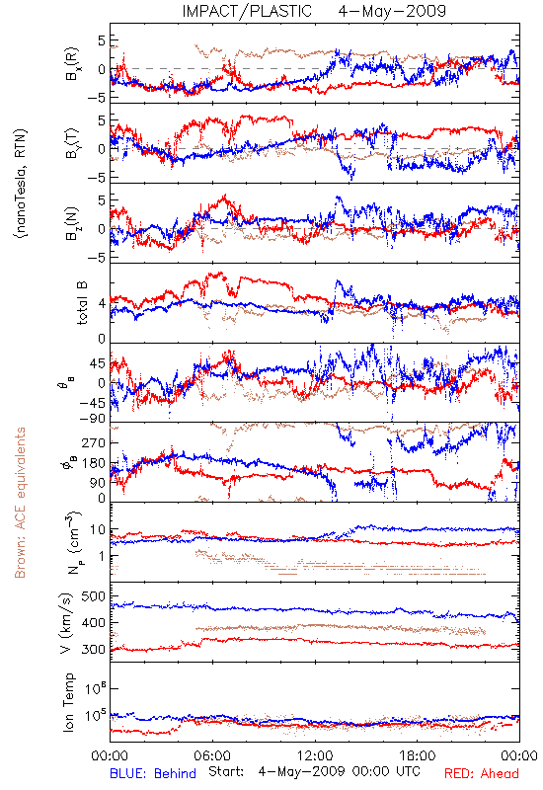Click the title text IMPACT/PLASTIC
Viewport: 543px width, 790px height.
[x=247, y=11]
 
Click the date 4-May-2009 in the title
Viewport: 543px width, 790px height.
[x=392, y=11]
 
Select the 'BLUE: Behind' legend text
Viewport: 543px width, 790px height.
[x=153, y=773]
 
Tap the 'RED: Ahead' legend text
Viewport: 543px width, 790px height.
[x=482, y=773]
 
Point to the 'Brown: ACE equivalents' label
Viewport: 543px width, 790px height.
[x=20, y=503]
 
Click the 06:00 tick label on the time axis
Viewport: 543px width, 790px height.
[x=212, y=755]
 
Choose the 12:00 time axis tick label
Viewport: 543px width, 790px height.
[x=315, y=755]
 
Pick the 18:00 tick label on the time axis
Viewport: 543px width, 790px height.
[x=418, y=755]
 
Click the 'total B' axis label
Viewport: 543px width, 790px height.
[x=82, y=303]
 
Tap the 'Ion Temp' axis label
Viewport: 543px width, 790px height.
[x=68, y=702]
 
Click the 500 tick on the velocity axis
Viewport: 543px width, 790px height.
[x=93, y=596]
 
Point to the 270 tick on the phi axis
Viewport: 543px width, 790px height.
[x=94, y=443]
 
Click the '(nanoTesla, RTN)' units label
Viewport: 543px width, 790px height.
[x=22, y=184]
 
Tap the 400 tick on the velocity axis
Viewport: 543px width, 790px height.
[x=93, y=623]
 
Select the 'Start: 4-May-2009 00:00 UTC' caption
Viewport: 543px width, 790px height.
[x=314, y=772]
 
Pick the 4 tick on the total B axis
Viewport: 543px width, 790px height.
[x=102, y=304]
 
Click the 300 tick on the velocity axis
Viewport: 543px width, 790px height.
[x=93, y=650]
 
